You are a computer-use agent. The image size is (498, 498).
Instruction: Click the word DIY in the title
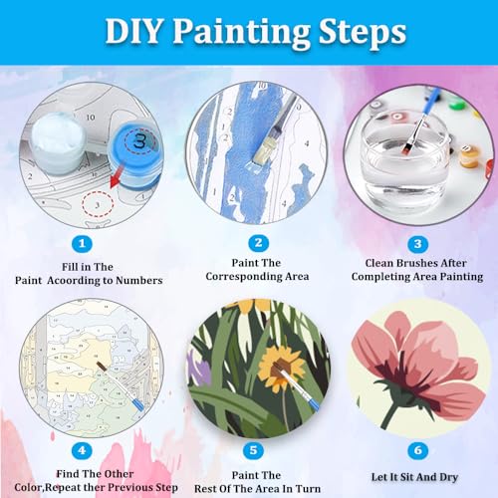pos(133,31)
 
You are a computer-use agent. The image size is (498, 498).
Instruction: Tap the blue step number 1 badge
pos(82,244)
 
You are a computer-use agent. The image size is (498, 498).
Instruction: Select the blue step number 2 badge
pos(258,243)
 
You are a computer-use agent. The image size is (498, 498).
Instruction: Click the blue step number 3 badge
pos(417,244)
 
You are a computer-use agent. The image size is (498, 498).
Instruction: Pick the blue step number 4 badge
pos(82,450)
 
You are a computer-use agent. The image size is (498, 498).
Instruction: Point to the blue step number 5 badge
pos(253,450)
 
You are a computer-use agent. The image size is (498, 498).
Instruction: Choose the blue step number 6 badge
pos(417,450)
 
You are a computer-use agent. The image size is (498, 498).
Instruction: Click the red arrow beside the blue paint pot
pos(117,176)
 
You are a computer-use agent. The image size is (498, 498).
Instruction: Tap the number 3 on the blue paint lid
pos(139,141)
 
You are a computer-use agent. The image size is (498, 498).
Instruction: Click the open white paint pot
pos(57,141)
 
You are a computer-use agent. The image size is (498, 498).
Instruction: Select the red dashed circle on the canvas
pos(98,204)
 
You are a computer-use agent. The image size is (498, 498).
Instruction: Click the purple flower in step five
pos(200,369)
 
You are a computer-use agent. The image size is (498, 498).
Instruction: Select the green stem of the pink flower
pos(390,415)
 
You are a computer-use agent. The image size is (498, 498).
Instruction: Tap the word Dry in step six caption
pos(449,477)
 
